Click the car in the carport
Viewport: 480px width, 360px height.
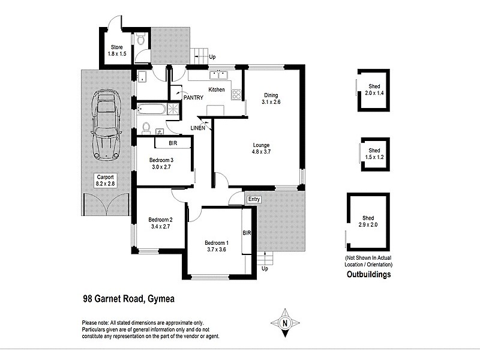point(106,125)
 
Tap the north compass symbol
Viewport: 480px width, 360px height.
point(286,323)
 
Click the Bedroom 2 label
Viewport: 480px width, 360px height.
point(160,223)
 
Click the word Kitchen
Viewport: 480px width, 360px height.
point(217,90)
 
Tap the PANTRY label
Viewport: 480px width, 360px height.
point(193,97)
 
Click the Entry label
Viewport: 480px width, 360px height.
point(253,199)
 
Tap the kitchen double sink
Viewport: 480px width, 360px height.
point(218,75)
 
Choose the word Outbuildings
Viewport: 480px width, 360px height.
point(369,275)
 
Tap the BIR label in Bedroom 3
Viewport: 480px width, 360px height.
point(173,144)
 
